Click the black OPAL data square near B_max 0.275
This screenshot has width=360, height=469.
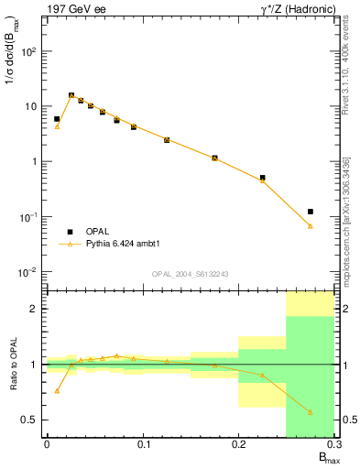point(311,212)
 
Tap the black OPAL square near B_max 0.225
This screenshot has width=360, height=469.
point(262,178)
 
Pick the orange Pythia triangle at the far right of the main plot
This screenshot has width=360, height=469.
point(311,225)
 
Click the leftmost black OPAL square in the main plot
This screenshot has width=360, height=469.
point(57,119)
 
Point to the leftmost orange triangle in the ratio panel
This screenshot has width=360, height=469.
point(57,390)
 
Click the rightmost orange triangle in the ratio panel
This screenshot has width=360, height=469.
point(311,413)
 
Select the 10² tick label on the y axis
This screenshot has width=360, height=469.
point(28,51)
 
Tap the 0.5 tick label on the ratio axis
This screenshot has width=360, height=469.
point(29,420)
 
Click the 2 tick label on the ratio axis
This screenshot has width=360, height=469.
point(34,309)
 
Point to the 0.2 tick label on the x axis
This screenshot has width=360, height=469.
point(238,444)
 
